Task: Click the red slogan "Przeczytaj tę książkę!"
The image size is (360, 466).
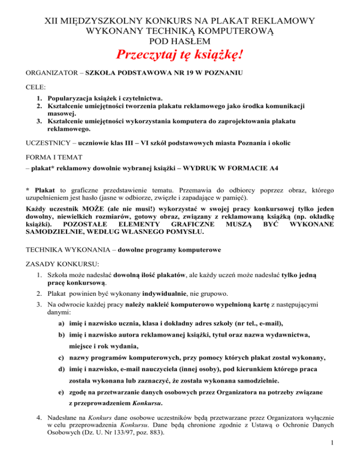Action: coord(180,58)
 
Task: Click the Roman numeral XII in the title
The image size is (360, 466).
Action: coord(52,21)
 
